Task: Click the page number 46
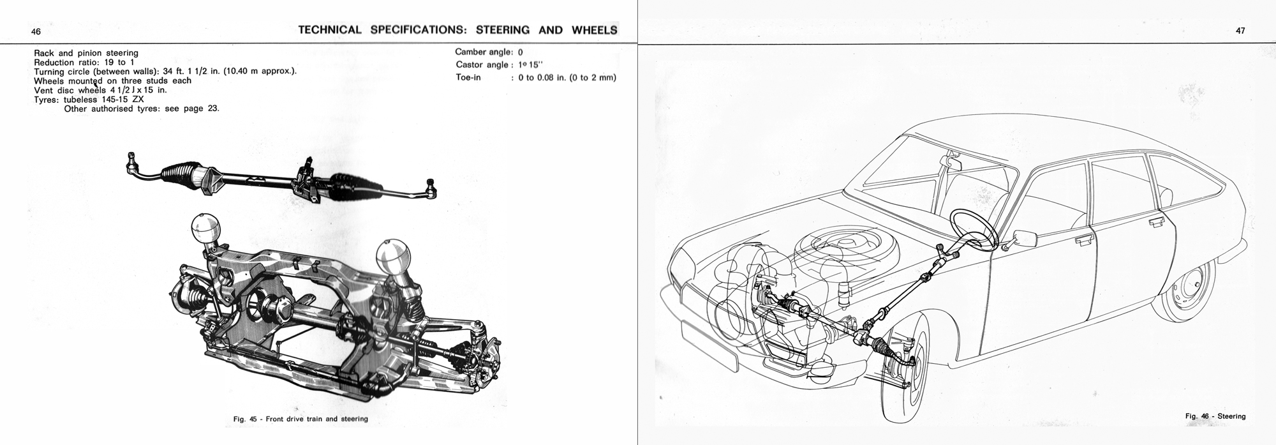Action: tap(36, 31)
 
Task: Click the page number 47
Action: tap(1240, 31)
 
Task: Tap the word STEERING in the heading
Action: tap(503, 29)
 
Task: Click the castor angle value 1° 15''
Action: tap(528, 64)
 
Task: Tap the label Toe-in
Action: tap(468, 77)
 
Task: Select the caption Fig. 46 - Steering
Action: tap(1215, 416)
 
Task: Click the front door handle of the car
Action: tap(1083, 241)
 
